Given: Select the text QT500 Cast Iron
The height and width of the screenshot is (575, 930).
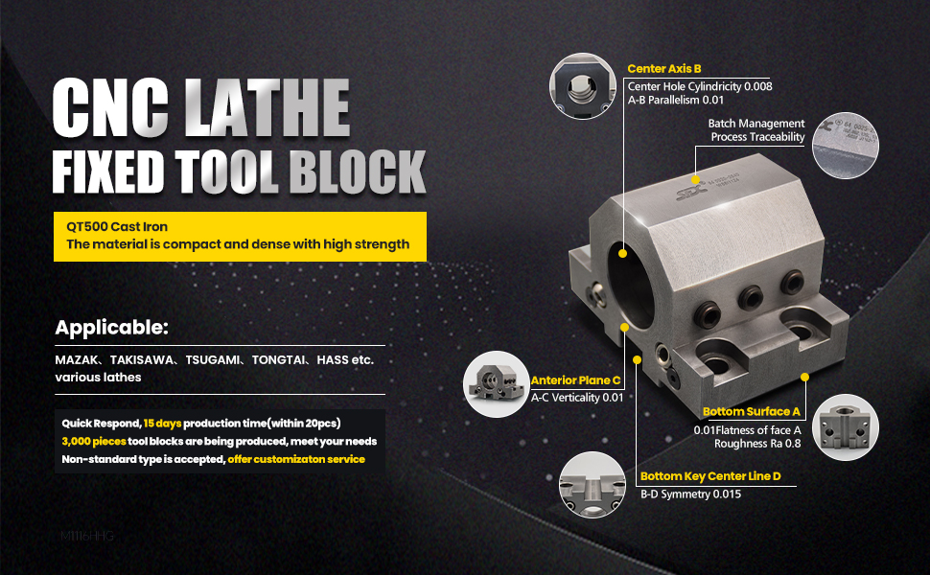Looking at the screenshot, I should point(117,227).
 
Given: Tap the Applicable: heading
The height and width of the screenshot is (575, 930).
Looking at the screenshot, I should point(111,328).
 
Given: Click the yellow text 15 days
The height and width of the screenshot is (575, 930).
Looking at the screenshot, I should point(162,424).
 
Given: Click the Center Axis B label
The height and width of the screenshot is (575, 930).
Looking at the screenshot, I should point(664,69).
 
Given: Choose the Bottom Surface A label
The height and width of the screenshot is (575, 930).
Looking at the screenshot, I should point(751,412).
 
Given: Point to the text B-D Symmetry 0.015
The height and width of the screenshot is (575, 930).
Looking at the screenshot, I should point(690,494).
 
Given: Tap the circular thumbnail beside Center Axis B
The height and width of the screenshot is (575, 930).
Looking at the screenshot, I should point(582,86).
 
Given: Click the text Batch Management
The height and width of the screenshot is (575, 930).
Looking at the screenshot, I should point(756,124).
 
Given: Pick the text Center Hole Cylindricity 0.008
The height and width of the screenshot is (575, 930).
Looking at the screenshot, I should point(700,86).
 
